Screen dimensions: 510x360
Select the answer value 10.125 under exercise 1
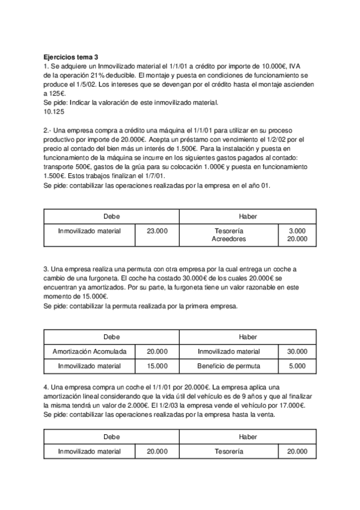click(54, 111)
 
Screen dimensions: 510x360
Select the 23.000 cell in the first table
click(157, 231)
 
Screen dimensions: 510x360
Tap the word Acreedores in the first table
click(229, 239)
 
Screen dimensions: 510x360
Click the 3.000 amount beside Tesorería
click(297, 231)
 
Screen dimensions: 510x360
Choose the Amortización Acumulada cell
click(90, 352)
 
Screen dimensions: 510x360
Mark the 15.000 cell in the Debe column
click(157, 366)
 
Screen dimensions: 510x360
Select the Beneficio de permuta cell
click(229, 366)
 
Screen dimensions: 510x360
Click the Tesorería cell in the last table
click(229, 451)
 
